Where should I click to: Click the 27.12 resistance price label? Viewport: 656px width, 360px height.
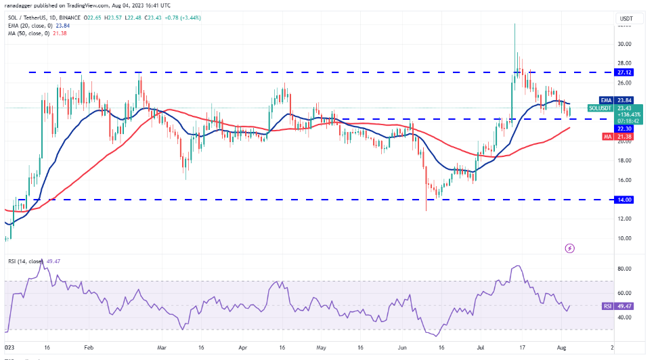[625, 72]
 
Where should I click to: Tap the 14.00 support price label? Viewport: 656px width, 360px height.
[625, 200]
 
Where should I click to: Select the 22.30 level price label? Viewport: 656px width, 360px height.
[625, 129]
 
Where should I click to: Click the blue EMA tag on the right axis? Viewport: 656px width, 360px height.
[607, 99]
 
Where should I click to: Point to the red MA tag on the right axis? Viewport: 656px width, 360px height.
[607, 137]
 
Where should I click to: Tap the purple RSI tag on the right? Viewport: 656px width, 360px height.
[608, 306]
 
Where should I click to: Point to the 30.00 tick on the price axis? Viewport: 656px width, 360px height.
[624, 44]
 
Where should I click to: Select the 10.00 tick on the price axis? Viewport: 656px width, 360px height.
[624, 238]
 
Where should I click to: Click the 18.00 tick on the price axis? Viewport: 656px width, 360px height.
[624, 160]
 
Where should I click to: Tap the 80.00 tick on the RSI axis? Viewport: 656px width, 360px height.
[624, 269]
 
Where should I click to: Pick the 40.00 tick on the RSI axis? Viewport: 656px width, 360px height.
[624, 317]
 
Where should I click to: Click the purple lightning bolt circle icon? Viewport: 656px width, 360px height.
[569, 248]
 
